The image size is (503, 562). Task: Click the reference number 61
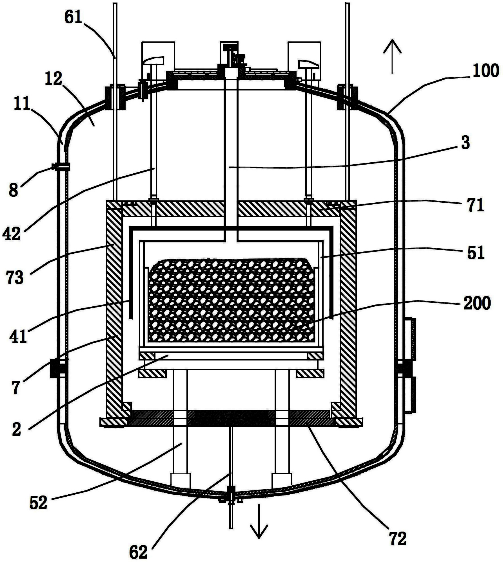pyautogui.click(x=73, y=17)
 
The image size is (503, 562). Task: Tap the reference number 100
pyautogui.click(x=486, y=71)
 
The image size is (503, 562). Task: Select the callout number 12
pyautogui.click(x=54, y=79)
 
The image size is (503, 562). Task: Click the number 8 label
pyautogui.click(x=13, y=190)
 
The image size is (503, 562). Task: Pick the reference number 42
pyautogui.click(x=12, y=234)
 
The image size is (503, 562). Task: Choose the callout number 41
pyautogui.click(x=18, y=336)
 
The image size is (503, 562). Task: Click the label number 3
pyautogui.click(x=465, y=143)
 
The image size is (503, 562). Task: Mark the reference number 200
pyautogui.click(x=477, y=304)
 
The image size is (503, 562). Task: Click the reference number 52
pyautogui.click(x=38, y=503)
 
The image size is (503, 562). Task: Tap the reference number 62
pyautogui.click(x=138, y=552)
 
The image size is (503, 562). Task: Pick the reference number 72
pyautogui.click(x=398, y=539)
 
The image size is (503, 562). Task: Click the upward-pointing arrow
pyautogui.click(x=392, y=56)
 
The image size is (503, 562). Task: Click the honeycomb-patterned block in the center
pyautogui.click(x=231, y=300)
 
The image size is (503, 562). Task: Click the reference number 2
pyautogui.click(x=16, y=430)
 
